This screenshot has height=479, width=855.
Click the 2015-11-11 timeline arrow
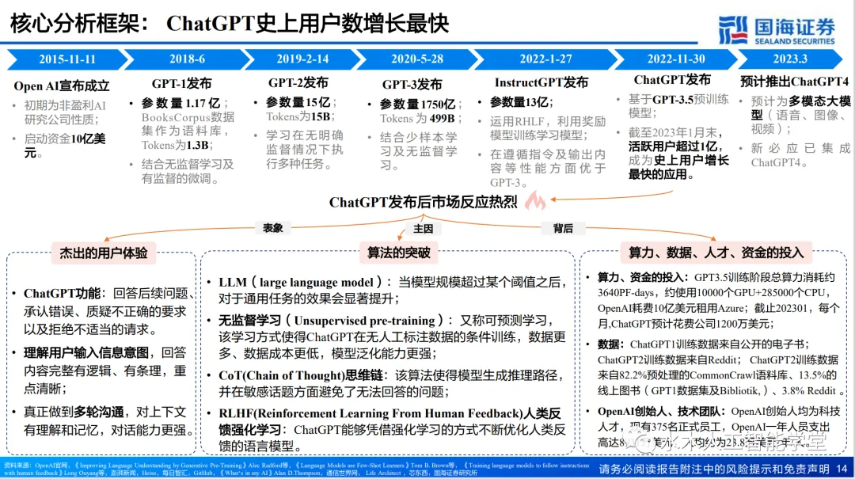coord(67,59)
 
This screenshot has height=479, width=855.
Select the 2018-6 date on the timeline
coord(187,59)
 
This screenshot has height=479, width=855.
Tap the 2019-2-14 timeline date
coord(302,59)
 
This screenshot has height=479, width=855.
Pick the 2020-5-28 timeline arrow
coord(417,59)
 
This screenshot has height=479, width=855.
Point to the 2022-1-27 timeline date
coord(545,59)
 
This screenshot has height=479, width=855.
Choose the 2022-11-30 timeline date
coord(675,59)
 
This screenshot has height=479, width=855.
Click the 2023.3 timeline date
coord(789,59)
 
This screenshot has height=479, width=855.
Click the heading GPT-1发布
coord(181,84)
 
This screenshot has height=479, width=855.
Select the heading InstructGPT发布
coord(541,82)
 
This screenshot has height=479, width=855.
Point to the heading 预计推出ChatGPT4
coord(794,82)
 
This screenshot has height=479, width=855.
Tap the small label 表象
coord(272,228)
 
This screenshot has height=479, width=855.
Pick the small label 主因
coord(423,228)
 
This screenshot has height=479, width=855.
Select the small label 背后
coord(563,228)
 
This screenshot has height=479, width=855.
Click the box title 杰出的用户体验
coord(103,253)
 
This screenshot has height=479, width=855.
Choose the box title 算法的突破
coord(398,253)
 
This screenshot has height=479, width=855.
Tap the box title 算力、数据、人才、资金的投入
coord(716,253)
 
